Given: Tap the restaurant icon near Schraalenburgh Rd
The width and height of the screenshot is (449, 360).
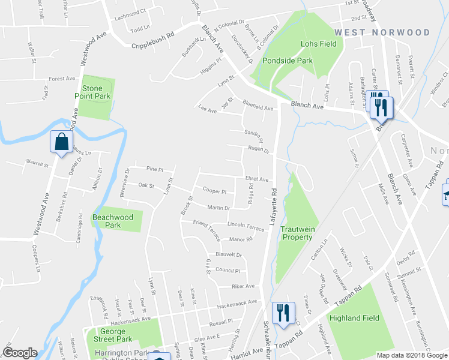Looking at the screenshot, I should click(x=283, y=313).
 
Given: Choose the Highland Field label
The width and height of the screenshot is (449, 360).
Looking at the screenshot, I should click(x=354, y=318).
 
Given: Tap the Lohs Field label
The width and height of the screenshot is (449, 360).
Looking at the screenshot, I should click(x=318, y=44).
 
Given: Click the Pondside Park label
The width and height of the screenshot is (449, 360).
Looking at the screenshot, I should click(x=287, y=61).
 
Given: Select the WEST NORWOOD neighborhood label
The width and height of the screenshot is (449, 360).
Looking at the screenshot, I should click(x=382, y=32).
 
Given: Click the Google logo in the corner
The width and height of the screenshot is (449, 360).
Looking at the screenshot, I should click(x=20, y=353).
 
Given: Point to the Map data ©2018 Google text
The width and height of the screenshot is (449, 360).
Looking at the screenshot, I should click(x=412, y=355).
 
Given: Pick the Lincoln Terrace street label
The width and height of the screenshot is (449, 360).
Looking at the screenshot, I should click(x=246, y=229).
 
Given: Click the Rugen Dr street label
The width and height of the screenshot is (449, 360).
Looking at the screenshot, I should click(x=258, y=151).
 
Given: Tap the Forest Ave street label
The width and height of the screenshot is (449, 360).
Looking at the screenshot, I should click(x=62, y=79).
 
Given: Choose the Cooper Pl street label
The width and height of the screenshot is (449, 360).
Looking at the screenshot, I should click(x=214, y=191).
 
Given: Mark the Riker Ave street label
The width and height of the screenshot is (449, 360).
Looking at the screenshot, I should click(x=243, y=286).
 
